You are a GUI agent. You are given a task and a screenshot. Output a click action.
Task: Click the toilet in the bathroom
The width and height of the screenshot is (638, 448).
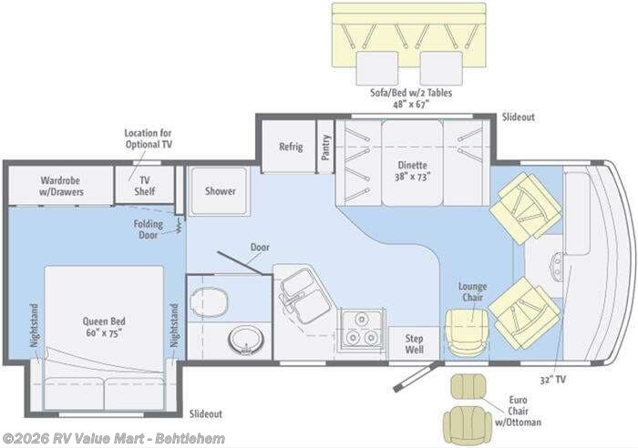point(209,302)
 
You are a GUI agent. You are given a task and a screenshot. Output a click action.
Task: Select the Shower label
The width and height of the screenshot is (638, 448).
point(221,190)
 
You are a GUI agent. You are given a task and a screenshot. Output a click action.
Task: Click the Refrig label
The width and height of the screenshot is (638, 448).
point(291,147)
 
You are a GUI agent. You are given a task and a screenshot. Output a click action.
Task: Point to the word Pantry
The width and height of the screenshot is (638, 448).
point(325,148)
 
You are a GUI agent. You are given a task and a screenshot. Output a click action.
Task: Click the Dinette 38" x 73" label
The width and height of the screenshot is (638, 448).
point(412,171)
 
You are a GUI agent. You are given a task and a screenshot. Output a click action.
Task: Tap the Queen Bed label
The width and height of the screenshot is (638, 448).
point(104,327)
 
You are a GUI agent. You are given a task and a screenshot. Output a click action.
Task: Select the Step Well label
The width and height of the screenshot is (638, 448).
point(414,344)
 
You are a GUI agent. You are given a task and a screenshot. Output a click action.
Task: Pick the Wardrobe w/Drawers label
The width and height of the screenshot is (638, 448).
point(61,186)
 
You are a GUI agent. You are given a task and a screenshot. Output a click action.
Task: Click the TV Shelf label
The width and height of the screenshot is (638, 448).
point(144,186)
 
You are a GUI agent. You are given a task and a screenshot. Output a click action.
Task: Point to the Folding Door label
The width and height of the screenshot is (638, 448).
point(148,229)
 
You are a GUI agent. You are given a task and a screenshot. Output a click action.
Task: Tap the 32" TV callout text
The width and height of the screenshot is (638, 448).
point(552,380)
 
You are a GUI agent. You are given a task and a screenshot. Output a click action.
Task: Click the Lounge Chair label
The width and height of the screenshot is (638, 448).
point(472,292)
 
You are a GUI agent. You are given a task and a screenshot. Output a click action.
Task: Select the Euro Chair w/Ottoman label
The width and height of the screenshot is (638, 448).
point(518,411)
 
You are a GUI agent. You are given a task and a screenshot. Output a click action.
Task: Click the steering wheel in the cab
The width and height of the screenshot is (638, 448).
point(557,265)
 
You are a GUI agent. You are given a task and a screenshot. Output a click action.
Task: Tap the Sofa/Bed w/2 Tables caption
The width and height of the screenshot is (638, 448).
point(411,98)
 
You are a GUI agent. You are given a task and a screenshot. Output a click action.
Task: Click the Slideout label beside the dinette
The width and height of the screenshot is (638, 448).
point(518,117)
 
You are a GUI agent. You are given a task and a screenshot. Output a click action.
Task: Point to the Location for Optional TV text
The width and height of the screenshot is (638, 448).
point(148,138)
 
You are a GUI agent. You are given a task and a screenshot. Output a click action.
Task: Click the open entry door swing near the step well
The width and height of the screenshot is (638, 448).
point(417,376)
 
